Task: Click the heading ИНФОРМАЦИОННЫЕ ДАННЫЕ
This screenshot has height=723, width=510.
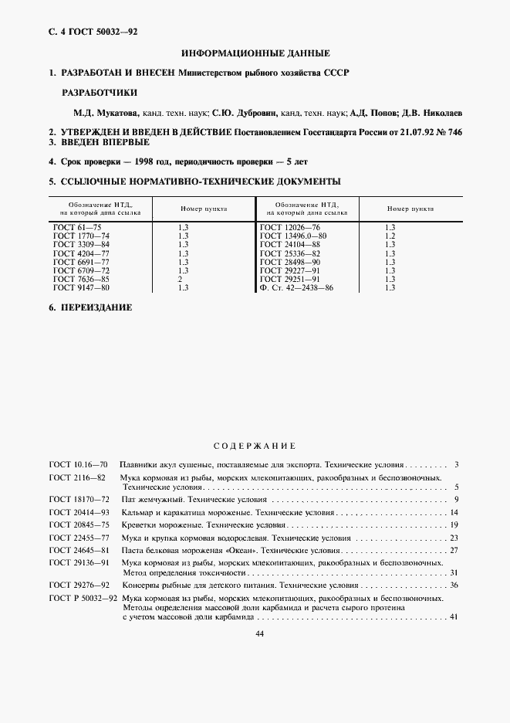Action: coord(255,53)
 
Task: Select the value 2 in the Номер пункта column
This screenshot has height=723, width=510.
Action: coord(180,280)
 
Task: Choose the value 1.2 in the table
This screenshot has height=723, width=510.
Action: coord(390,235)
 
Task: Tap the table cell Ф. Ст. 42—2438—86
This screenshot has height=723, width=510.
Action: coord(298,287)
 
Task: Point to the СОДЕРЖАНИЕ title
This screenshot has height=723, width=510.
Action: coord(255,446)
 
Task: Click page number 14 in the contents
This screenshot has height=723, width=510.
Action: coord(455,512)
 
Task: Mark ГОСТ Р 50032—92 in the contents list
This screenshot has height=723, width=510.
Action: coord(83,598)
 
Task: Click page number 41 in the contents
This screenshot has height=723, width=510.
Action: coord(454,616)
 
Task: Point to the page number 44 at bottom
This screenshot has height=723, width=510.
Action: coord(255,633)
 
